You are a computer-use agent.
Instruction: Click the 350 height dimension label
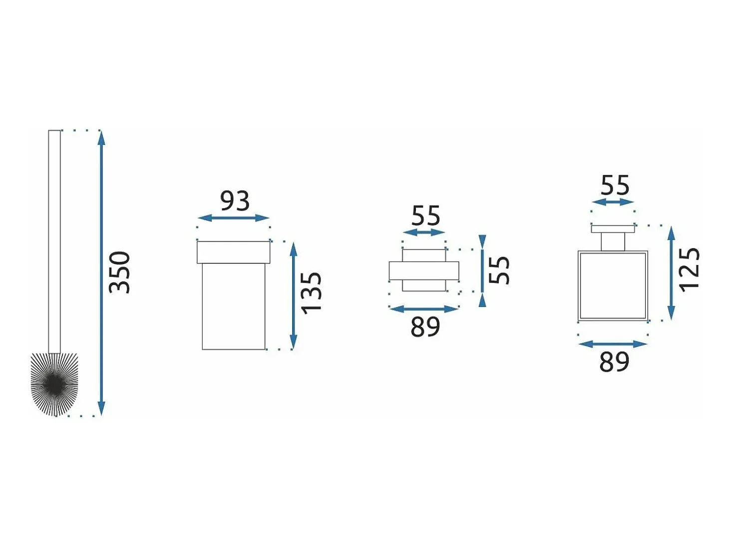point(119,273)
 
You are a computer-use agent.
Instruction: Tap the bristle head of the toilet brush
point(54,384)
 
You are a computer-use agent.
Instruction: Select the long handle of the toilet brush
point(54,242)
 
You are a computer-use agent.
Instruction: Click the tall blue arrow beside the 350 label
point(101,273)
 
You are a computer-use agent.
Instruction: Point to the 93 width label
point(235,201)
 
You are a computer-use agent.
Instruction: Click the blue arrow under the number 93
point(234,218)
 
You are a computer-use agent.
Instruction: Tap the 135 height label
point(311,293)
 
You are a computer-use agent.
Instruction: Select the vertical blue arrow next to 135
point(293,295)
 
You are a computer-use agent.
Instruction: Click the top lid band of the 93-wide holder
point(234,252)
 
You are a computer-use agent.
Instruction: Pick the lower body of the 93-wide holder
point(234,306)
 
